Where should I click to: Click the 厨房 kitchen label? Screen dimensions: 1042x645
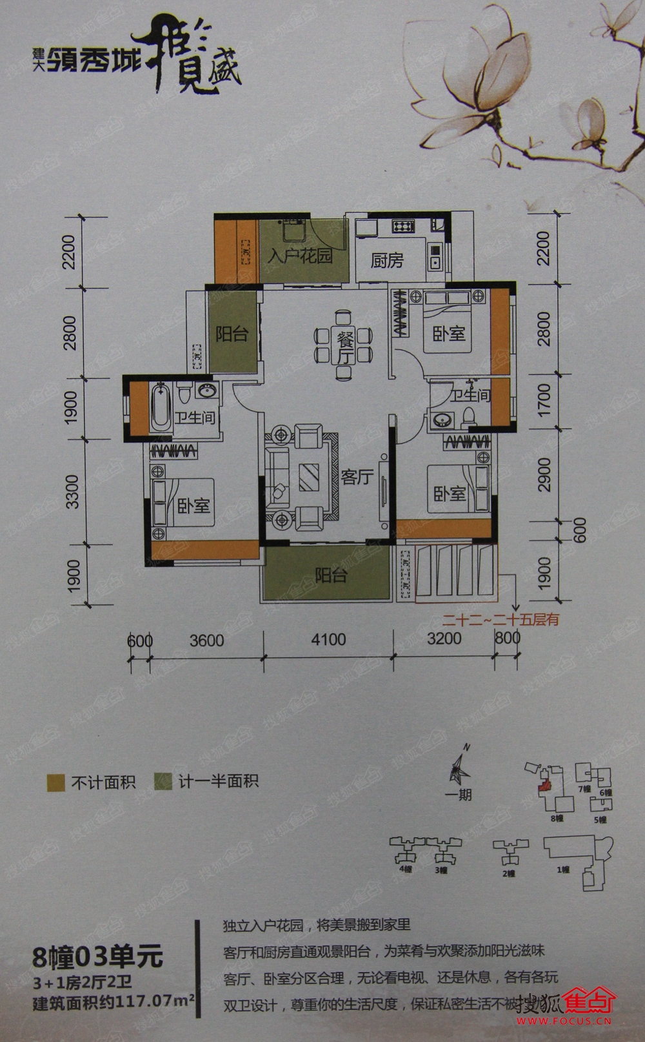(387, 260)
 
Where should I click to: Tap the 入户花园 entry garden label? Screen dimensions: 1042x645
(299, 256)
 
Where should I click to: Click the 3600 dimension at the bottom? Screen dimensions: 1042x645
(206, 640)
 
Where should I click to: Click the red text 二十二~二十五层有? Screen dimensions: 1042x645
(501, 619)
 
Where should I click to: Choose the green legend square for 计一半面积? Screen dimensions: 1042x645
(163, 782)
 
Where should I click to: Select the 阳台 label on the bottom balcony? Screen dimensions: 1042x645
(331, 575)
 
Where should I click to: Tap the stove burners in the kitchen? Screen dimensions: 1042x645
(403, 226)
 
